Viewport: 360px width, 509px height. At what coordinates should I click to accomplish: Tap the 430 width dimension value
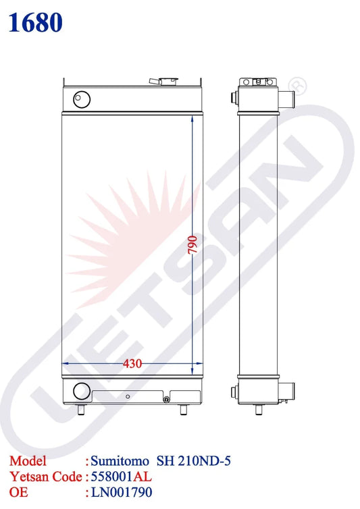132,364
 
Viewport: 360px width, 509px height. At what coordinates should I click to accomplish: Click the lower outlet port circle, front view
82,391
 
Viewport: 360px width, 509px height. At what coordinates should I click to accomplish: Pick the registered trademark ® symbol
295,86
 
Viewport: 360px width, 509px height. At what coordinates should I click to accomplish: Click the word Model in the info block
28,461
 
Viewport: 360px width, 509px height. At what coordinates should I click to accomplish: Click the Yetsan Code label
45,476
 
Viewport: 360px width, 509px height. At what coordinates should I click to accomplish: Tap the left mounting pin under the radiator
84,408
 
